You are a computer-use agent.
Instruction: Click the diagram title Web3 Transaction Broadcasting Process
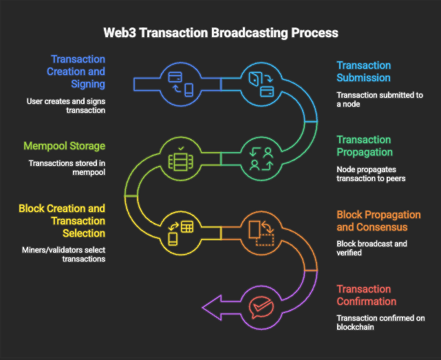point(220,32)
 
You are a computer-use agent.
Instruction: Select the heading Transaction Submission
point(363,72)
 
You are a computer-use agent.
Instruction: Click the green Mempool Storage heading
point(64,146)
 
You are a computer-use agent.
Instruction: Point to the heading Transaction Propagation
point(363,146)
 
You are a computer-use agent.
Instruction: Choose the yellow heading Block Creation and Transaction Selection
point(63,221)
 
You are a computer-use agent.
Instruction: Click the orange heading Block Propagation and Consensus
point(378,221)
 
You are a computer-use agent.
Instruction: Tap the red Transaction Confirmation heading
point(366,295)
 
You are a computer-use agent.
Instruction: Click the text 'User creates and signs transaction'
point(67,105)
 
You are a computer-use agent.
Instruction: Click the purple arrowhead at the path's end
point(212,306)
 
